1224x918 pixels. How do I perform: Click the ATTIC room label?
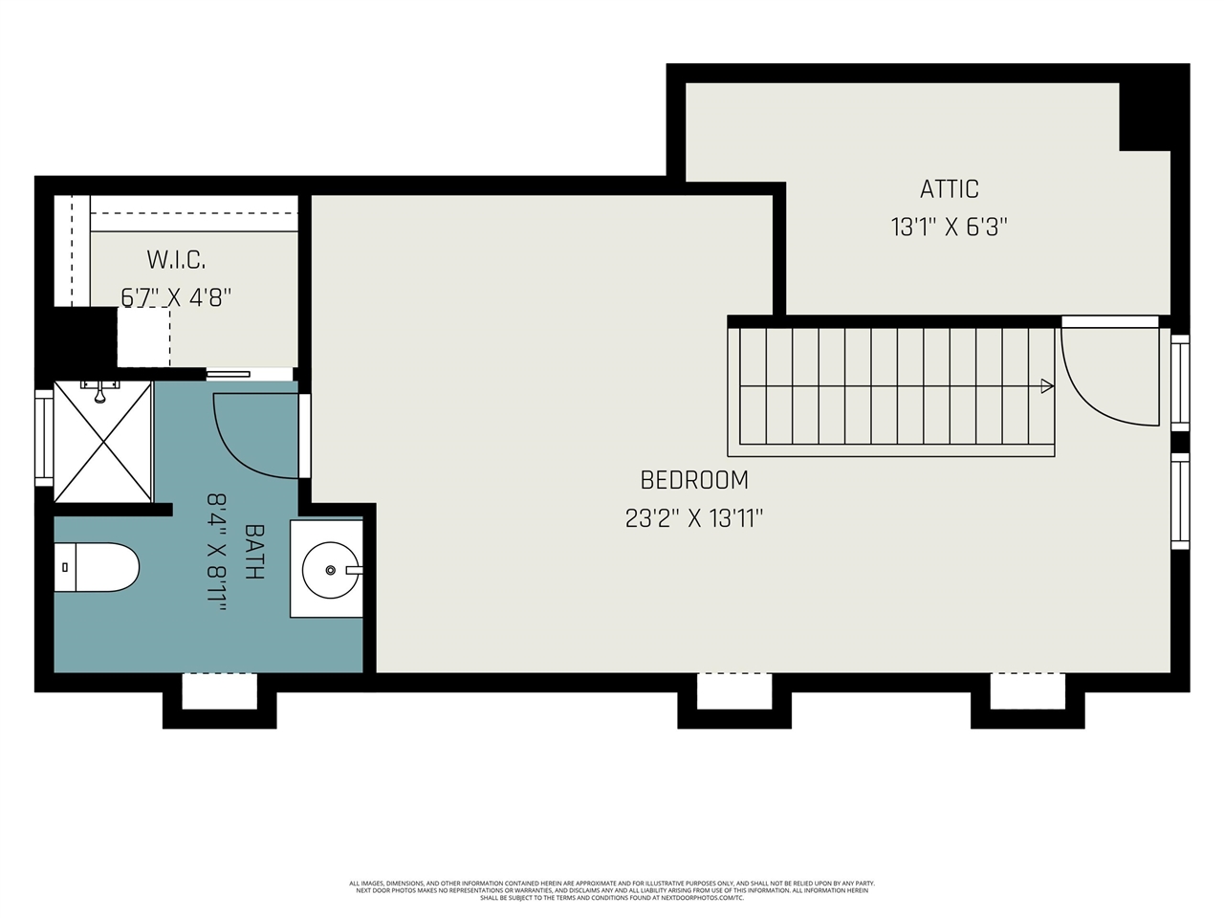pos(949,188)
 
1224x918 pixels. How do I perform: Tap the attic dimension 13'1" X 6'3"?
pos(949,228)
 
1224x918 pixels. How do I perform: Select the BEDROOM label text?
pos(693,480)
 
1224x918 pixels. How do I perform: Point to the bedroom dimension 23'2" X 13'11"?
pos(693,518)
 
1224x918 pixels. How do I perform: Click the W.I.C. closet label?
pos(176,259)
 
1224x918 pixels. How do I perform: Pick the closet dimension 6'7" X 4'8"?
pos(176,297)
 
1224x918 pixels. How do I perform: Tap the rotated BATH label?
pos(254,551)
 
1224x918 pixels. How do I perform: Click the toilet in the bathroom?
pos(96,567)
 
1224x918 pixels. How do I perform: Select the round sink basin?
pos(331,570)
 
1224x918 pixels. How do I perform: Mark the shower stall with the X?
pos(103,441)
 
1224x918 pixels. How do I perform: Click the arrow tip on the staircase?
pos(1047,386)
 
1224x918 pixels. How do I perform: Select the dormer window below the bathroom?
pos(219,691)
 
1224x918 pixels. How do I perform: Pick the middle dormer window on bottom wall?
pos(734,691)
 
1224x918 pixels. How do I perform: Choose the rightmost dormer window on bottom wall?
pos(1027,691)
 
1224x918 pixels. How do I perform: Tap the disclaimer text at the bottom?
pos(612,890)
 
